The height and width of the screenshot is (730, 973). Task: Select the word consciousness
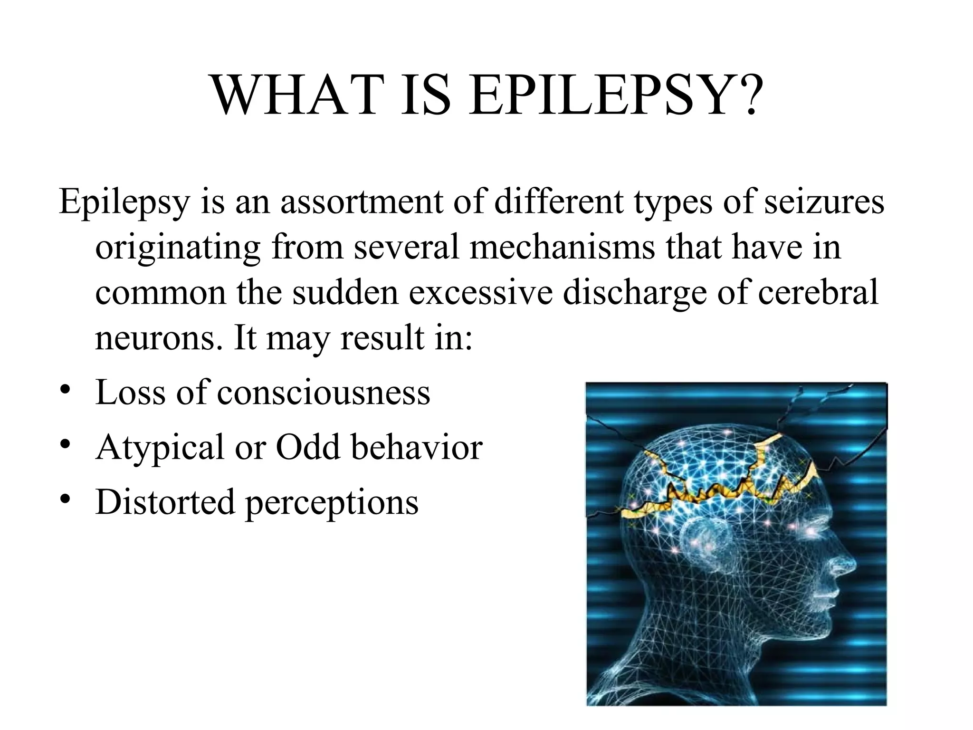[x=324, y=393]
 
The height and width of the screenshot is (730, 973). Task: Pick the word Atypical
[x=160, y=448]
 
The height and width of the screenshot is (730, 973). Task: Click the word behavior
[x=417, y=448]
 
